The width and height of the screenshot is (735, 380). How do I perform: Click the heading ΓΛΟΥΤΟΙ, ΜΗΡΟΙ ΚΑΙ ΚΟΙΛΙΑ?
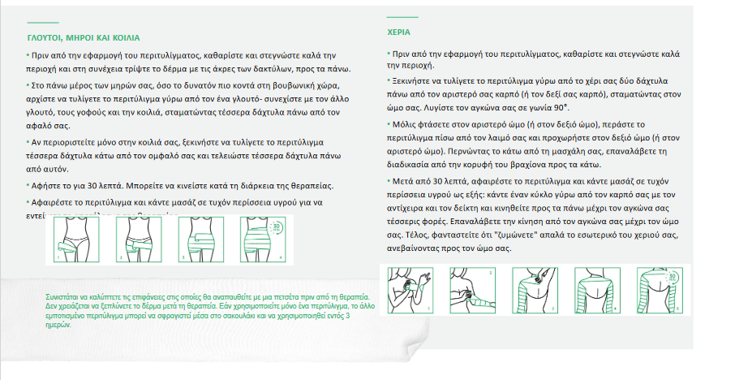82,37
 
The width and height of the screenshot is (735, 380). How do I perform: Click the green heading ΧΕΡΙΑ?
398,33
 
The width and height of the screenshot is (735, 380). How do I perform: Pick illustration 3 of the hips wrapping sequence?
200,239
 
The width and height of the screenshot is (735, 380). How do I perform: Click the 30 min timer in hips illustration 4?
277,227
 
